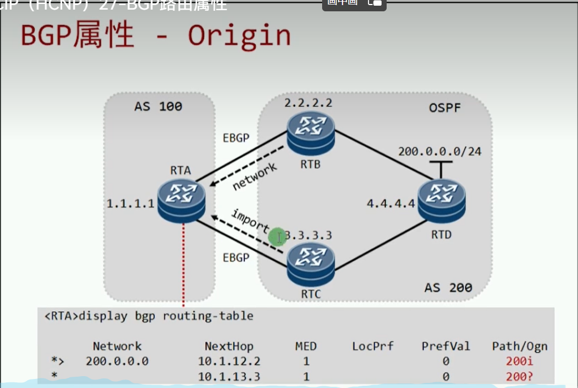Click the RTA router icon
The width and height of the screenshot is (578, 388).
(181, 201)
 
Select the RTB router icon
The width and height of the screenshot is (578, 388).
(310, 133)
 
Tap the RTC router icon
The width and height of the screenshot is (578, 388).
(310, 262)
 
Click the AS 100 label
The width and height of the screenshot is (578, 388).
(158, 106)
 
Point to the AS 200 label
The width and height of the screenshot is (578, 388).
(448, 287)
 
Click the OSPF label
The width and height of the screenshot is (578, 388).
(446, 107)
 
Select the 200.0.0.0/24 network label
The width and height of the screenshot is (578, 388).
(440, 152)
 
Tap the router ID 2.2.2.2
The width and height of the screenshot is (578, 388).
(308, 103)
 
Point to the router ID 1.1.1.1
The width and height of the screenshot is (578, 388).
(131, 203)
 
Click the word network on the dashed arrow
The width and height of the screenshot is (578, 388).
(255, 176)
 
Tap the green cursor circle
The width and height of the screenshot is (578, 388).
(277, 238)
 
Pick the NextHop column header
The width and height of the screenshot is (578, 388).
(229, 346)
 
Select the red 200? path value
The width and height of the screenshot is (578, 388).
(520, 376)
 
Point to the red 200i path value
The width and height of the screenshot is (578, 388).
(520, 361)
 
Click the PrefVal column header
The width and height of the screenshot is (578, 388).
(446, 346)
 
